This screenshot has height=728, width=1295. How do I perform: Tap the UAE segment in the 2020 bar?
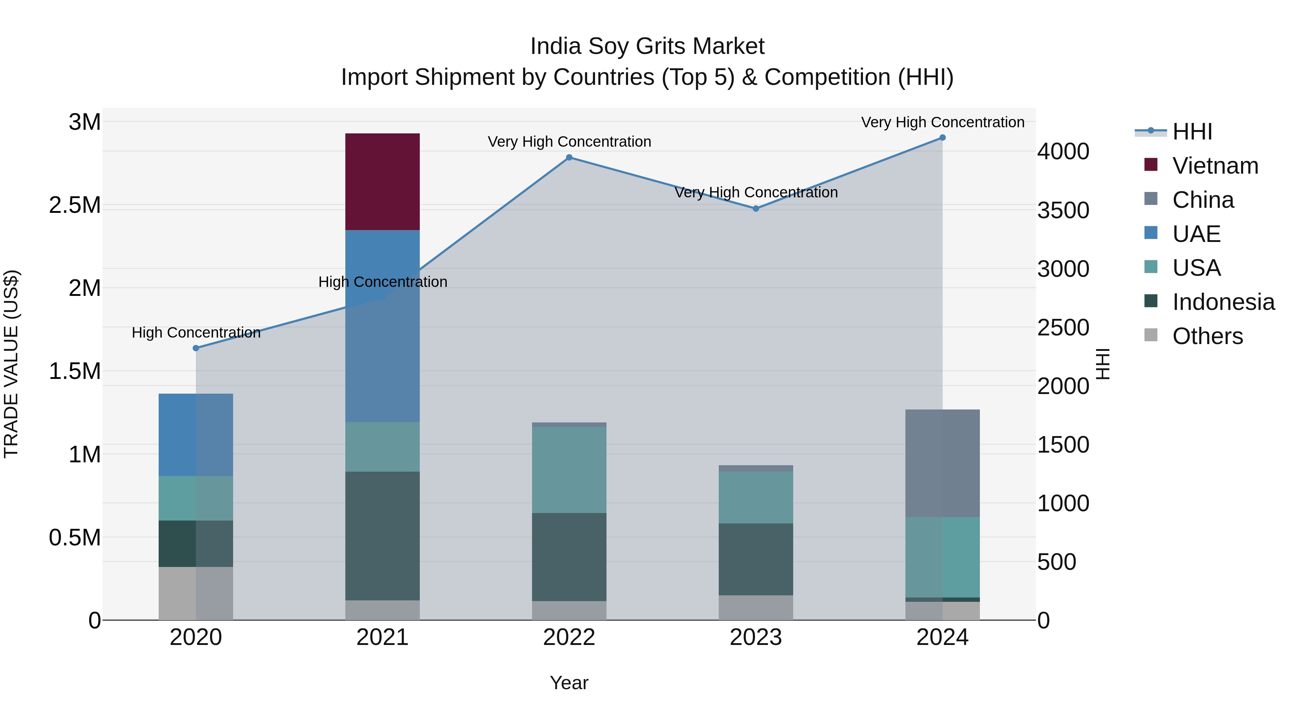tap(196, 435)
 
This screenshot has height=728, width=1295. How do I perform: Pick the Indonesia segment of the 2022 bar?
tap(569, 557)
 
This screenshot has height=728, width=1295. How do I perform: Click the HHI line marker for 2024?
tap(942, 138)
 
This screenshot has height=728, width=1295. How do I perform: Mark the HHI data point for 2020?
tap(196, 348)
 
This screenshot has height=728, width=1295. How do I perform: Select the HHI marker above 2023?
tap(755, 209)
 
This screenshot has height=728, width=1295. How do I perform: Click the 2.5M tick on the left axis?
tap(75, 206)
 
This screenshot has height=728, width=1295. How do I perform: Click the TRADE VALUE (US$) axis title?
tap(11, 364)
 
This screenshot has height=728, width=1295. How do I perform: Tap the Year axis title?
tap(569, 683)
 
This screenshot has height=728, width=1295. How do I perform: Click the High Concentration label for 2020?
tap(196, 333)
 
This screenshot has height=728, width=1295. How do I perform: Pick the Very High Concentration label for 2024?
tap(942, 122)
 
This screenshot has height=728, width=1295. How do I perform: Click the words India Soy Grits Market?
tap(647, 46)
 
